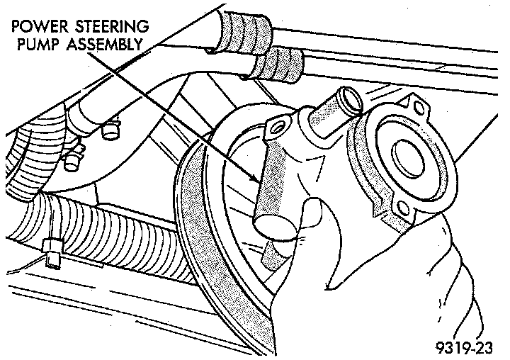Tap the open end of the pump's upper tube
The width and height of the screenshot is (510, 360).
(342, 94)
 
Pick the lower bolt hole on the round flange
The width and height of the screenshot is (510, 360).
(404, 209)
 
